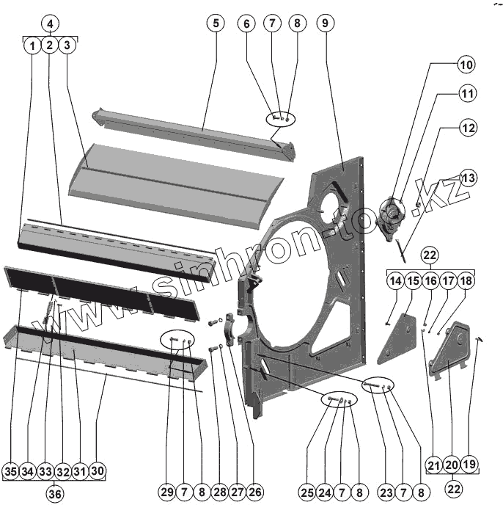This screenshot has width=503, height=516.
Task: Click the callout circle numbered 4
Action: tap(49, 23)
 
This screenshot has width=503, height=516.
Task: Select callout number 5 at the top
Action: tap(215, 23)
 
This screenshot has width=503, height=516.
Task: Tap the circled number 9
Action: tap(324, 23)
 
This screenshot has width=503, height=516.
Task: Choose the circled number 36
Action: tap(55, 494)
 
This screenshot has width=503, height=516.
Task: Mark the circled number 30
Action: tap(98, 470)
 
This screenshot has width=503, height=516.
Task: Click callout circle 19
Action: tap(470, 464)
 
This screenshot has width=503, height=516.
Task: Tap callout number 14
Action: tap(395, 281)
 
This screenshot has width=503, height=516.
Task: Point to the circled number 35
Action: tap(10, 470)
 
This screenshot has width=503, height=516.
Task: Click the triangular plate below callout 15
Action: tap(397, 338)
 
